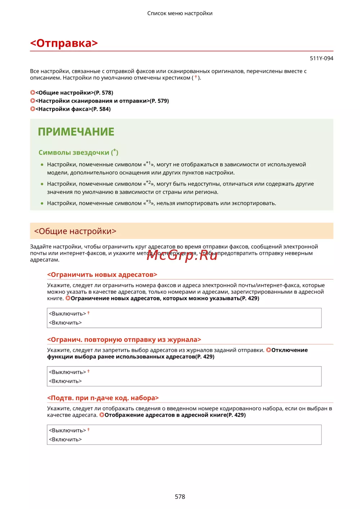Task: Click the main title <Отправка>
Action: click(x=64, y=43)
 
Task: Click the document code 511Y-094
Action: click(x=321, y=58)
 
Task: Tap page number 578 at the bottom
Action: click(x=180, y=496)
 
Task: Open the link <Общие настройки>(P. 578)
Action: click(x=74, y=93)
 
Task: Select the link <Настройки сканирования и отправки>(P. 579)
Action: click(x=102, y=101)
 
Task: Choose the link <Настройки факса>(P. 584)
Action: click(x=73, y=109)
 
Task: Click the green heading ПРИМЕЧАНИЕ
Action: click(x=76, y=132)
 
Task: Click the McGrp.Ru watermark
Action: click(x=182, y=255)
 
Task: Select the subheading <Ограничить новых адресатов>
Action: click(x=102, y=275)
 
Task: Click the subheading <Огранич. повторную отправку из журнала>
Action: click(x=124, y=340)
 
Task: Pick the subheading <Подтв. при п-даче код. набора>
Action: click(x=103, y=398)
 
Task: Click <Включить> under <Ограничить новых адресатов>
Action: click(x=65, y=323)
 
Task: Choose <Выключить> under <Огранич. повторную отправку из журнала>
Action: click(x=67, y=372)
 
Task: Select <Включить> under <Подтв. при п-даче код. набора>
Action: click(x=65, y=440)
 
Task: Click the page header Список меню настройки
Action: click(x=180, y=13)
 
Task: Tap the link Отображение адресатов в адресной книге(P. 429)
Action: click(x=175, y=415)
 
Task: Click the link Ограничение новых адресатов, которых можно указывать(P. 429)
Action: click(x=165, y=298)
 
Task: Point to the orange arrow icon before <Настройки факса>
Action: click(x=32, y=109)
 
